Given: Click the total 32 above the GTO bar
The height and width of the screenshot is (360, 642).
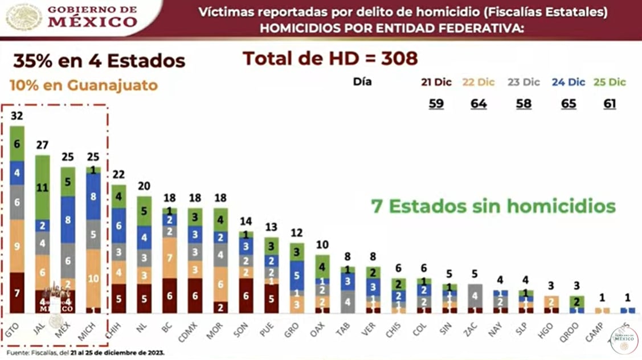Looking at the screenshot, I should pos(17,116).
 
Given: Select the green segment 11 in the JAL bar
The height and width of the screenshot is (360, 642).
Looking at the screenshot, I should pos(42,187).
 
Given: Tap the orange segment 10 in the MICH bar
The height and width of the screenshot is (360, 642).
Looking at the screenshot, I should pos(93,278).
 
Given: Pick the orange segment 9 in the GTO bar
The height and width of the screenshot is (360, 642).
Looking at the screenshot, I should pos(17,246).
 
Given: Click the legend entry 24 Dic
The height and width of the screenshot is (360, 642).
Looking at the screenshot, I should pos(568,82).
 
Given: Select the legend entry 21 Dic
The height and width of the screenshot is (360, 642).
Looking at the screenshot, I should pos(436,82).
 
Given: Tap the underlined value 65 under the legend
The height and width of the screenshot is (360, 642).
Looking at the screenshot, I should pos(568,104).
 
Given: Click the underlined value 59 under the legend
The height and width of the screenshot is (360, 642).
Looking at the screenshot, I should pos(436,104).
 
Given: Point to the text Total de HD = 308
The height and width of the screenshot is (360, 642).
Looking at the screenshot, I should pos(330,58).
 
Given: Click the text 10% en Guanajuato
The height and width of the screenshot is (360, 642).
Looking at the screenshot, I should pos(83,85).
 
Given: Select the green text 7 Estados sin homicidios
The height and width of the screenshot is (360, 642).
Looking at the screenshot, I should pos(493,206).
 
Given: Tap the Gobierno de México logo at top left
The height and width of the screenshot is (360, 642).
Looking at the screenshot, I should pos(72,17).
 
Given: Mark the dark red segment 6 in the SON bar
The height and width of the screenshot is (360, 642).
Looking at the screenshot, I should pos(246,296).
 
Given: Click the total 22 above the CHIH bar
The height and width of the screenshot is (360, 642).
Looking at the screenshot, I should pos(118,174).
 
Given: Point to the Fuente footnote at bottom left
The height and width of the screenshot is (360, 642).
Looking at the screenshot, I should pos(85,353).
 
